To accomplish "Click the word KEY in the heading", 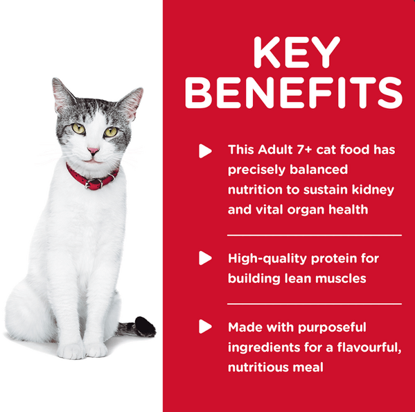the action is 296,52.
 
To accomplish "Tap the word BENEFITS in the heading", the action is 294,93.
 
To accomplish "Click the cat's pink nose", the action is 93,151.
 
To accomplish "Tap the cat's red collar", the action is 91,178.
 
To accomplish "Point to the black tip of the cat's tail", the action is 145,327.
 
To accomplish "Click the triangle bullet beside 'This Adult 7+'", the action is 205,151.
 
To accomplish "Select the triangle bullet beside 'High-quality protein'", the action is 205,258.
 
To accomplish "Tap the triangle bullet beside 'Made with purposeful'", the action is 205,327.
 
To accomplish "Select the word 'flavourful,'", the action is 369,347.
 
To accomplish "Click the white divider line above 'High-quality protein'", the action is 315,235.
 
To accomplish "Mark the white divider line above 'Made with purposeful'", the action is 315,304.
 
